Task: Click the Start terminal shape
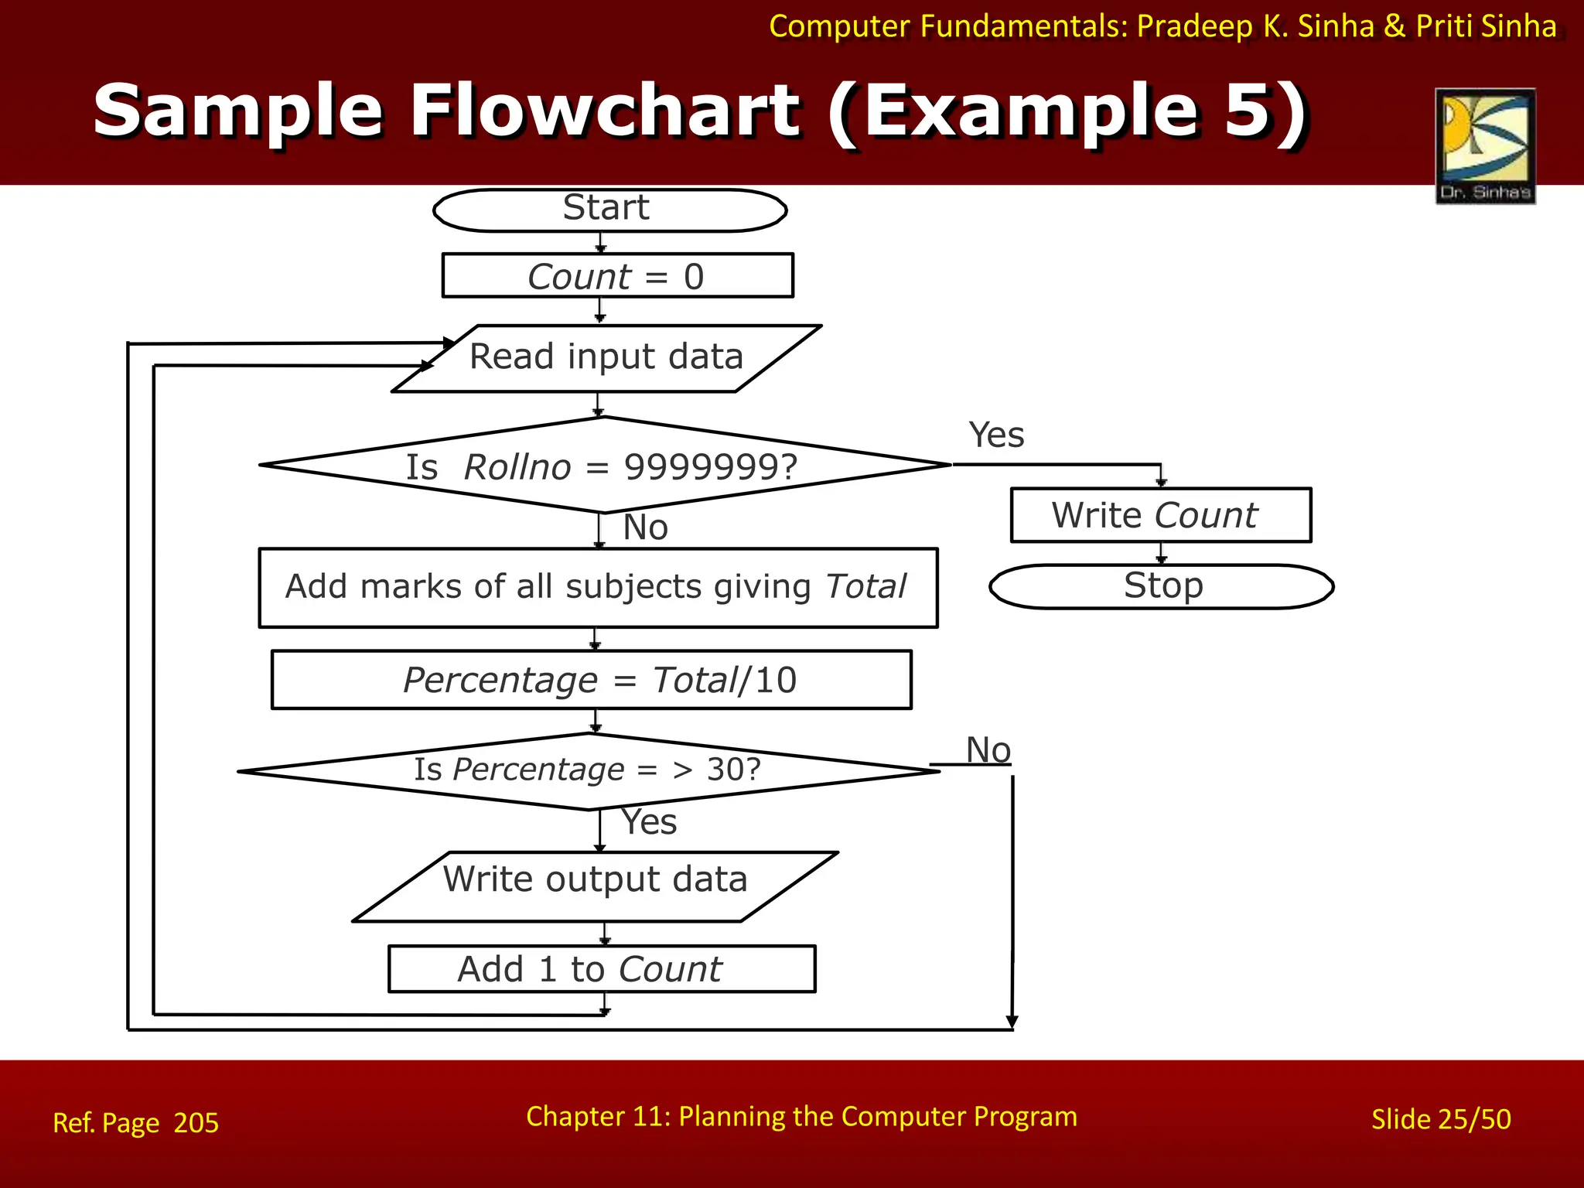[609, 210]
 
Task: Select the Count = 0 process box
[617, 275]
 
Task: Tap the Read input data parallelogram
[606, 358]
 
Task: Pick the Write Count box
[1160, 515]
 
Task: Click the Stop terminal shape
[1162, 586]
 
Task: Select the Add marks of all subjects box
[598, 588]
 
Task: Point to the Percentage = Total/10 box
[592, 680]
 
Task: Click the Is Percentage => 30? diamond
[588, 770]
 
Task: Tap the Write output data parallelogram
[596, 886]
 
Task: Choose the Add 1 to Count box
[602, 968]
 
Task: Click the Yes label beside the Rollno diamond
[996, 435]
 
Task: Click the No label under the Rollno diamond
[646, 527]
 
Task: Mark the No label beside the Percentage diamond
[988, 749]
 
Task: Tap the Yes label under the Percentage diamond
[650, 821]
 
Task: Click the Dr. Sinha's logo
[1485, 145]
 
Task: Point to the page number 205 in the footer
[196, 1122]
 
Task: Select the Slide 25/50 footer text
[1441, 1119]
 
